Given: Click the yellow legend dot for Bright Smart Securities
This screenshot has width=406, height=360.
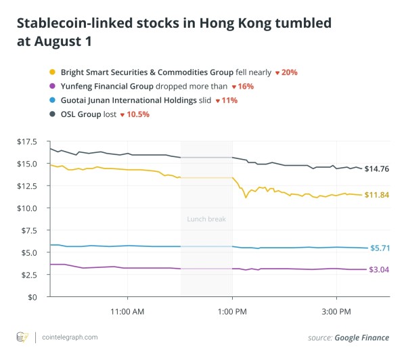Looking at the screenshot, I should click(x=52, y=72).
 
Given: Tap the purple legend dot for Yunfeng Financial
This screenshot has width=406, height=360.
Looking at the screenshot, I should click(x=52, y=87).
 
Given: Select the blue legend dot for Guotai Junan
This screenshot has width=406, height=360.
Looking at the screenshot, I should click(x=52, y=100).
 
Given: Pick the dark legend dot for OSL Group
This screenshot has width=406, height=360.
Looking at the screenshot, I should click(x=52, y=114).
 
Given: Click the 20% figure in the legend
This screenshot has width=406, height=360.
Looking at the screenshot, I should click(x=290, y=72).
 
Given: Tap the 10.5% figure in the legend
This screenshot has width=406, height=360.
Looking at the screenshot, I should click(x=137, y=114).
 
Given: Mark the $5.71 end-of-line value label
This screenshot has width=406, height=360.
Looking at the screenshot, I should click(x=378, y=248).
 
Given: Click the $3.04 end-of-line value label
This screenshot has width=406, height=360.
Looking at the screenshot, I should click(x=378, y=269).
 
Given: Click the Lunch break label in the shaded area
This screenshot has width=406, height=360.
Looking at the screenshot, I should click(x=206, y=219).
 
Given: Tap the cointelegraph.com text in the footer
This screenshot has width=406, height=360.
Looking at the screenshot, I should click(x=69, y=337).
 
